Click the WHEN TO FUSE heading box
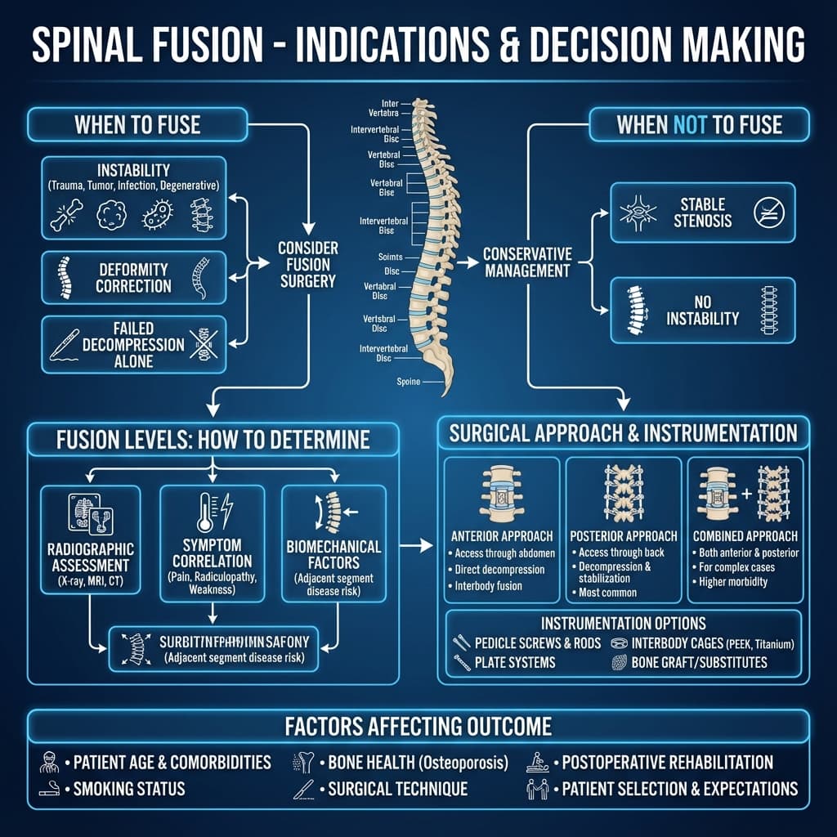click(x=137, y=125)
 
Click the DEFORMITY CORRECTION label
click(x=133, y=278)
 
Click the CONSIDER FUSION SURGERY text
click(x=307, y=264)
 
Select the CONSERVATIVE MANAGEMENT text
click(x=527, y=262)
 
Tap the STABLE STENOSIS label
click(x=705, y=212)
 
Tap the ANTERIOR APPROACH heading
click(x=502, y=536)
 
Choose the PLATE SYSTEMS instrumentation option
click(x=514, y=662)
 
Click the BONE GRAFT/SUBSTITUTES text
click(x=699, y=662)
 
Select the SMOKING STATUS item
click(x=129, y=789)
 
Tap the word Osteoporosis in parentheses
click(x=463, y=763)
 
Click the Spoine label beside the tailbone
click(x=409, y=382)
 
